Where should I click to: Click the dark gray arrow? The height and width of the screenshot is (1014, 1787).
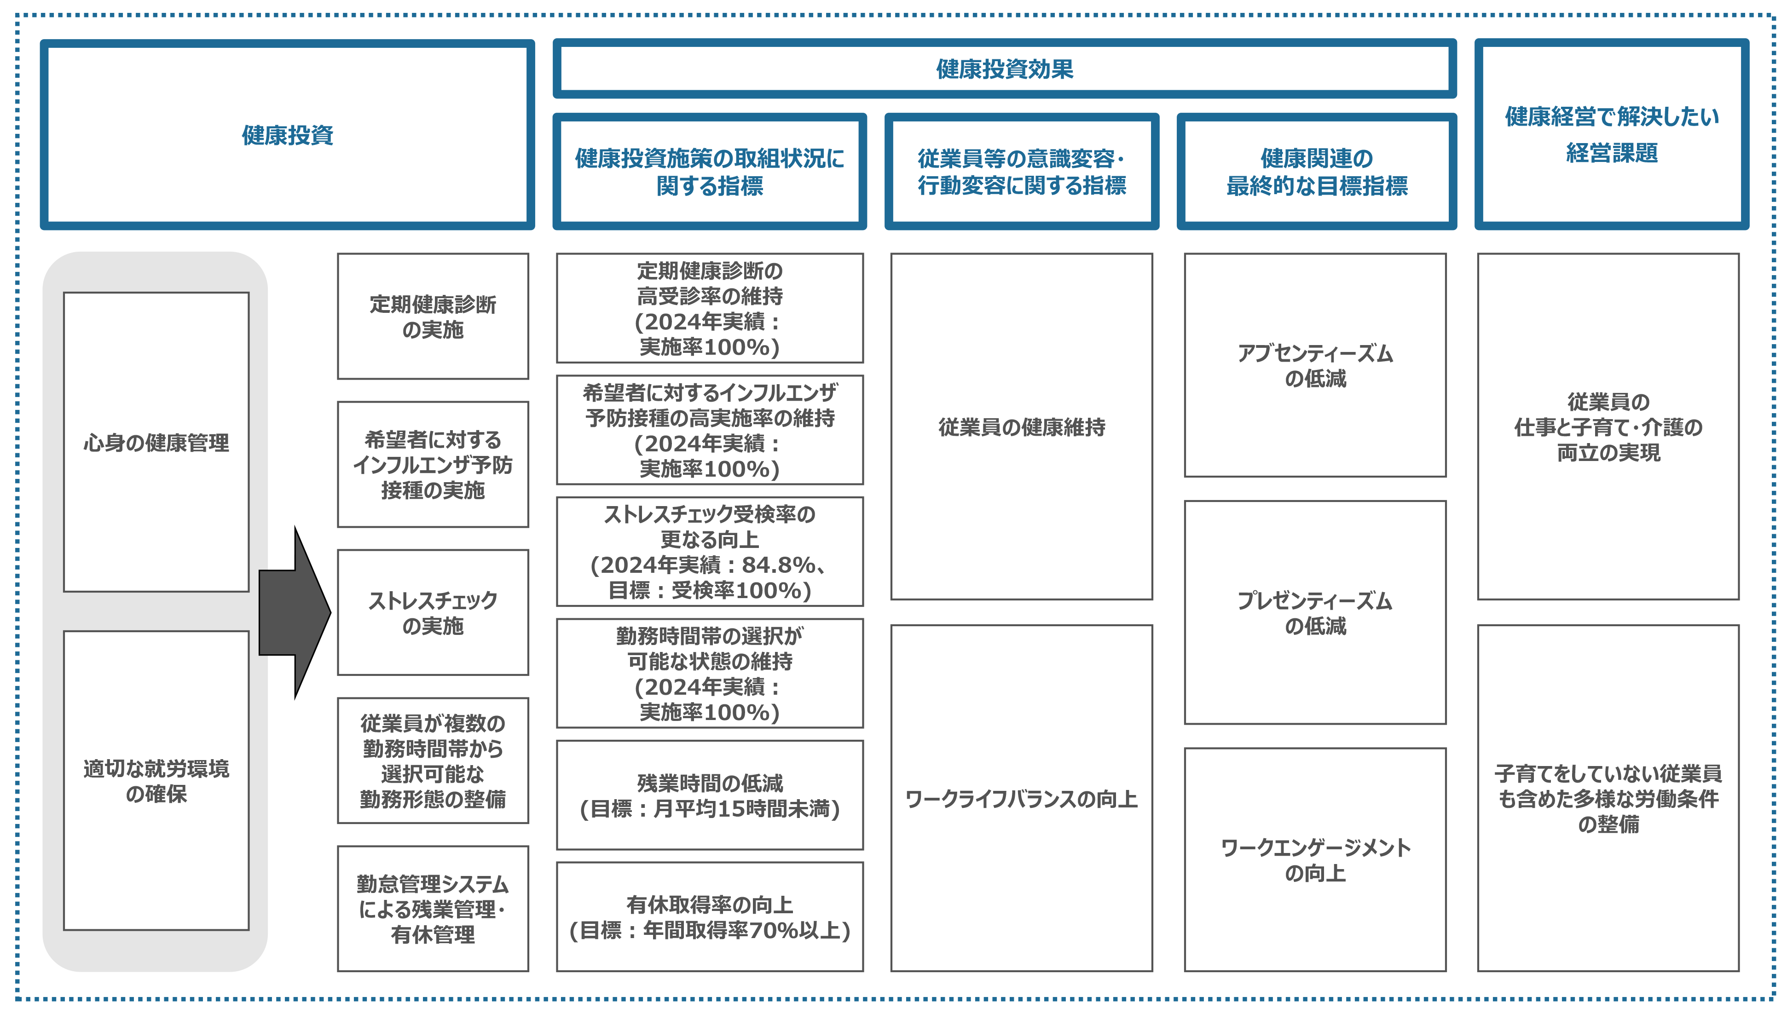tap(295, 612)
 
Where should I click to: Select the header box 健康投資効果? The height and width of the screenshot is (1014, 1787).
tap(1004, 69)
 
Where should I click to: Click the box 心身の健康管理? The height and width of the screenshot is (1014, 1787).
tap(156, 442)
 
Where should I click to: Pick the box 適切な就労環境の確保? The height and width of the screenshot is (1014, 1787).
tap(156, 781)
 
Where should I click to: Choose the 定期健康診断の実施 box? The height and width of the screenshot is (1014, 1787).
tap(433, 316)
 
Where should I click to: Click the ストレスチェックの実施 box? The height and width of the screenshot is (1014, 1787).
tap(433, 612)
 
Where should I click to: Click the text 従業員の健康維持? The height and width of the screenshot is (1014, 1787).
tap(1022, 427)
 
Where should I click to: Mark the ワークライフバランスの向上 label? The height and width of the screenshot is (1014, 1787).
tap(1022, 799)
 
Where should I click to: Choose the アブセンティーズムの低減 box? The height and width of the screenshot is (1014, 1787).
tap(1315, 365)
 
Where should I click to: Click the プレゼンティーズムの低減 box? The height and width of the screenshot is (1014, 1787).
tap(1315, 612)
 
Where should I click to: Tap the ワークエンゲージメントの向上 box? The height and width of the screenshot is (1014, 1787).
tap(1315, 860)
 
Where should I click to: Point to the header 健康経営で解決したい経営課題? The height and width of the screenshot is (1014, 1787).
tap(1612, 134)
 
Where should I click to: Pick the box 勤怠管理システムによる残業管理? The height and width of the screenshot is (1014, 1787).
tap(433, 909)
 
